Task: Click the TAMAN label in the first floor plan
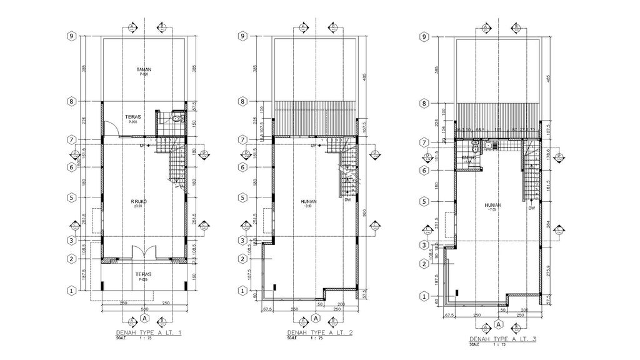tap(144, 69)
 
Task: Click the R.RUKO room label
tap(138, 201)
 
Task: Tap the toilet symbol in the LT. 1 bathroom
tap(176, 117)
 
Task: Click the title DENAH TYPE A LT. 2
tap(319, 333)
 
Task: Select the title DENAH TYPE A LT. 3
tap(503, 339)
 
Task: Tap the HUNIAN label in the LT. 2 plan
tap(309, 201)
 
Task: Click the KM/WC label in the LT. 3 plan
tap(469, 157)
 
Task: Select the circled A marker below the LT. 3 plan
tap(498, 324)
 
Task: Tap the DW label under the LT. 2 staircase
tap(347, 200)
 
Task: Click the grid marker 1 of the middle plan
tap(242, 290)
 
